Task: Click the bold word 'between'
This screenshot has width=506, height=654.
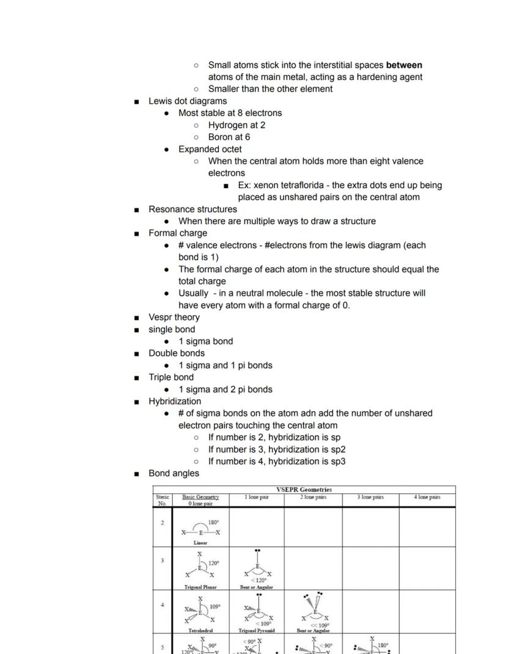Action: click(x=404, y=65)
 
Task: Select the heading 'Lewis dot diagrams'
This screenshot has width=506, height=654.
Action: click(x=187, y=101)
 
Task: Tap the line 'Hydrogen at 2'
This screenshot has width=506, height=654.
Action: click(x=237, y=125)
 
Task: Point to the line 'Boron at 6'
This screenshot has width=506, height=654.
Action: click(x=229, y=137)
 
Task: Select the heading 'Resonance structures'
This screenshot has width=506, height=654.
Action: click(x=193, y=209)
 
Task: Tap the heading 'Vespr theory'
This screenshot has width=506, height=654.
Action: click(x=174, y=317)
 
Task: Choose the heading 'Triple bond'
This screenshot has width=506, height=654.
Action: click(x=171, y=377)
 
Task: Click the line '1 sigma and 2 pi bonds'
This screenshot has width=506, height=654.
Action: click(x=225, y=389)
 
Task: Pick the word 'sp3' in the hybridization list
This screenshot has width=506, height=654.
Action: click(x=338, y=461)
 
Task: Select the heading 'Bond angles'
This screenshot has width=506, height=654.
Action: click(x=174, y=473)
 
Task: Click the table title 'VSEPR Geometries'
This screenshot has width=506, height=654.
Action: click(x=304, y=490)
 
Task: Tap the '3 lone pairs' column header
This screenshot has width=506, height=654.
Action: click(x=370, y=497)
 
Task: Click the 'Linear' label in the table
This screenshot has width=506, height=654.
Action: click(x=200, y=542)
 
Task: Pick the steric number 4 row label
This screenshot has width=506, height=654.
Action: click(x=163, y=605)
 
